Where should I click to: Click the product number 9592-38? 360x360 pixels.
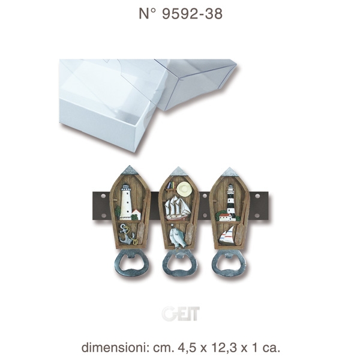192,14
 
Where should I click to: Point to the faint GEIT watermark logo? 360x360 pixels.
181,313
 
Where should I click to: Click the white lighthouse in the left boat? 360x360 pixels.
125,202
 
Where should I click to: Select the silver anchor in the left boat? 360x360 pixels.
127,235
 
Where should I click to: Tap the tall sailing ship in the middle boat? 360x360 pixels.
176,208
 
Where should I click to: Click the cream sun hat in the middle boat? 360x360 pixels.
184,187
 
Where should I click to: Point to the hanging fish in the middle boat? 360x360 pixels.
177,236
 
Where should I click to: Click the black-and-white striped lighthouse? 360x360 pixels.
231,201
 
